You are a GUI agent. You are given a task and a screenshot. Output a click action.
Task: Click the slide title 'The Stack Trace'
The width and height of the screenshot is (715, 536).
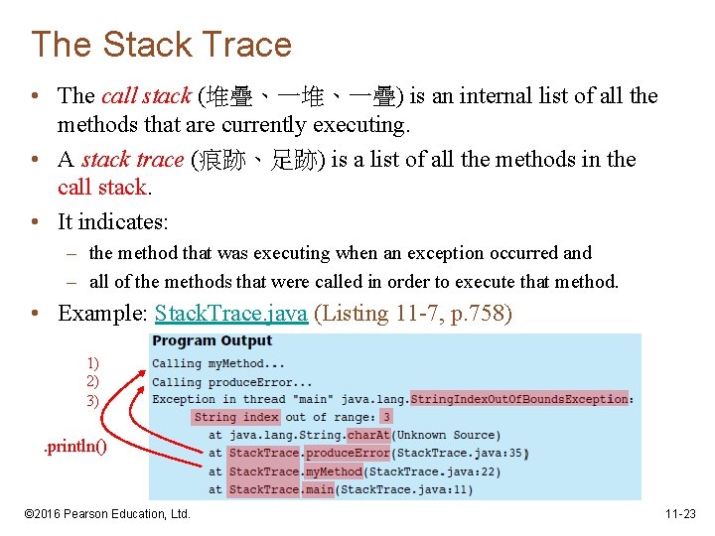[161, 45]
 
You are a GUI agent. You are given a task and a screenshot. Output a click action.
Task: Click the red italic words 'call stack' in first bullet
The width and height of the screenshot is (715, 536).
[145, 96]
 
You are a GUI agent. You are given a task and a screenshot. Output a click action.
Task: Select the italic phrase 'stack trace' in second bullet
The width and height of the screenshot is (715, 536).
[132, 160]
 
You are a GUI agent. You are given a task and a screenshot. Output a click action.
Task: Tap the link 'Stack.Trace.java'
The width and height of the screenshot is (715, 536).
[231, 314]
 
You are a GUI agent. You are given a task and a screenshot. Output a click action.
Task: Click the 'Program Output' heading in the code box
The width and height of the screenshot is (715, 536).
[213, 341]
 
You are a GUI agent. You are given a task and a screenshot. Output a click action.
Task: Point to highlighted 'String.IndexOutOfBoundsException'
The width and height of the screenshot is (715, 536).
[519, 399]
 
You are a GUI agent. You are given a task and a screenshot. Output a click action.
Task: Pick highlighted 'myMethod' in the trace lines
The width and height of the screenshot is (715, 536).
[334, 471]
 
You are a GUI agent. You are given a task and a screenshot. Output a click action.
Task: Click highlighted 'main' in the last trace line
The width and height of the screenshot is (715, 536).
[320, 489]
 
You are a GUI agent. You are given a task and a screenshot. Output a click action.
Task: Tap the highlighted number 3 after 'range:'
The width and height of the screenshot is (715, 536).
[386, 417]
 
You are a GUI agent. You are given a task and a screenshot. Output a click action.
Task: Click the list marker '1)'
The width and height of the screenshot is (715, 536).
[92, 364]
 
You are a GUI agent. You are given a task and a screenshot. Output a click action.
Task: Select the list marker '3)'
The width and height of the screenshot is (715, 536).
[92, 400]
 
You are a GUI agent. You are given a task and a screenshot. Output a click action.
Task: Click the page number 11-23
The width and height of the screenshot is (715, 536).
[680, 514]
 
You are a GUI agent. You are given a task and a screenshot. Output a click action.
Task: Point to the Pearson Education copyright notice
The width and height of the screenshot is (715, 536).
[106, 514]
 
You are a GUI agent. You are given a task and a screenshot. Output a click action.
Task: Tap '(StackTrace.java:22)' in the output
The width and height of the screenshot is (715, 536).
[433, 471]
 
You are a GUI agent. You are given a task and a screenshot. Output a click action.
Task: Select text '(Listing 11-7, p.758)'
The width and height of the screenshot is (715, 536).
[413, 314]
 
